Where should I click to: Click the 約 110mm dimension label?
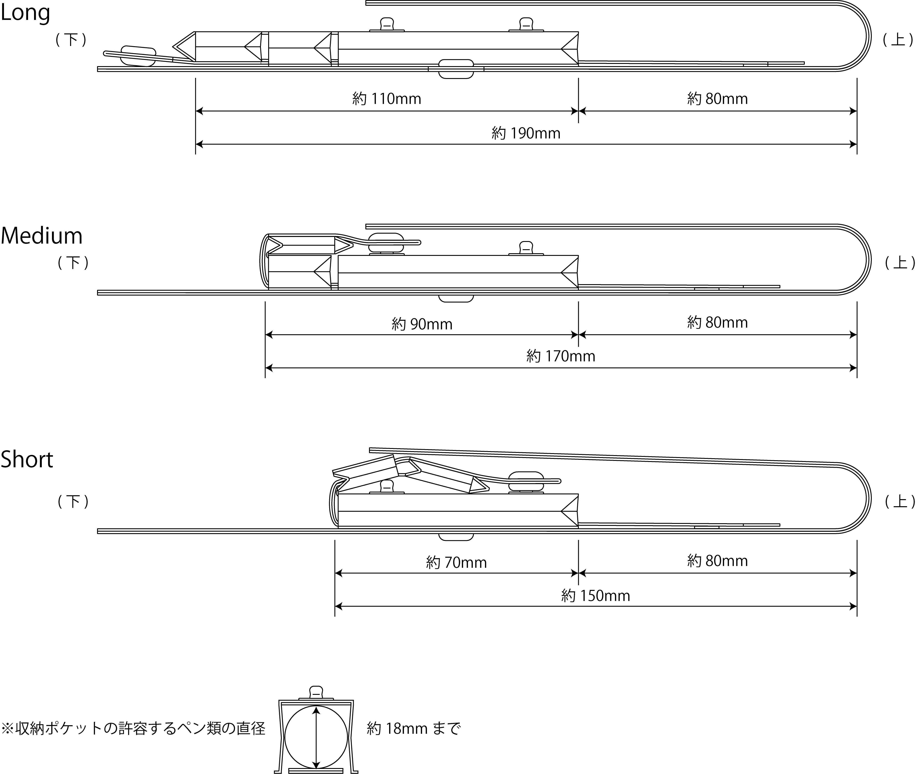tap(386, 99)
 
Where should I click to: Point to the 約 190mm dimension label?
tap(526, 133)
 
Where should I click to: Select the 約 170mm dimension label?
tap(561, 356)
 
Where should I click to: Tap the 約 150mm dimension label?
tap(595, 595)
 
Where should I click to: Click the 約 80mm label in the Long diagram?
tap(717, 99)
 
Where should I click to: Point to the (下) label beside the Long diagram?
tap(71, 40)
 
